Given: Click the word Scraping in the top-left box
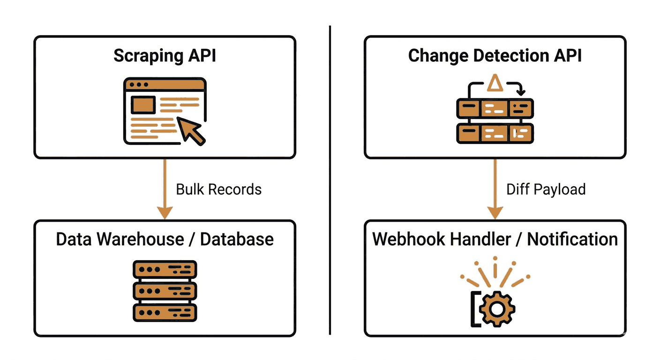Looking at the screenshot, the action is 148,56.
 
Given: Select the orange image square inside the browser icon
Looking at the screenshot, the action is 143,105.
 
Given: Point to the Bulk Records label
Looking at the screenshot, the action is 218,189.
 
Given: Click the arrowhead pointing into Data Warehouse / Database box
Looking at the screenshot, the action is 165,213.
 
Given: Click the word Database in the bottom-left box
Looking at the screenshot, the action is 237,239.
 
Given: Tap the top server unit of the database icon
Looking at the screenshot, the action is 165,269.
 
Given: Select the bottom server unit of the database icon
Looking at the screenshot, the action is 165,313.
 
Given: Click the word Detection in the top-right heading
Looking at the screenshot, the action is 511,56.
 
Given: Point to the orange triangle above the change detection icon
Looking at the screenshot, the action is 495,83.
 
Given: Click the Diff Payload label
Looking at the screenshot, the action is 546,189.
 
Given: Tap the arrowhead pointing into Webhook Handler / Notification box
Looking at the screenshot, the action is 495,213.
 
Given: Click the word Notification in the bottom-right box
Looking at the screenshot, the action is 572,239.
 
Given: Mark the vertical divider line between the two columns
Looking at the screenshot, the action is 330,180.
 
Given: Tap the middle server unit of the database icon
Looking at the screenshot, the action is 165,291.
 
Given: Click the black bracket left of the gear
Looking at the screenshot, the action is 472,309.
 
